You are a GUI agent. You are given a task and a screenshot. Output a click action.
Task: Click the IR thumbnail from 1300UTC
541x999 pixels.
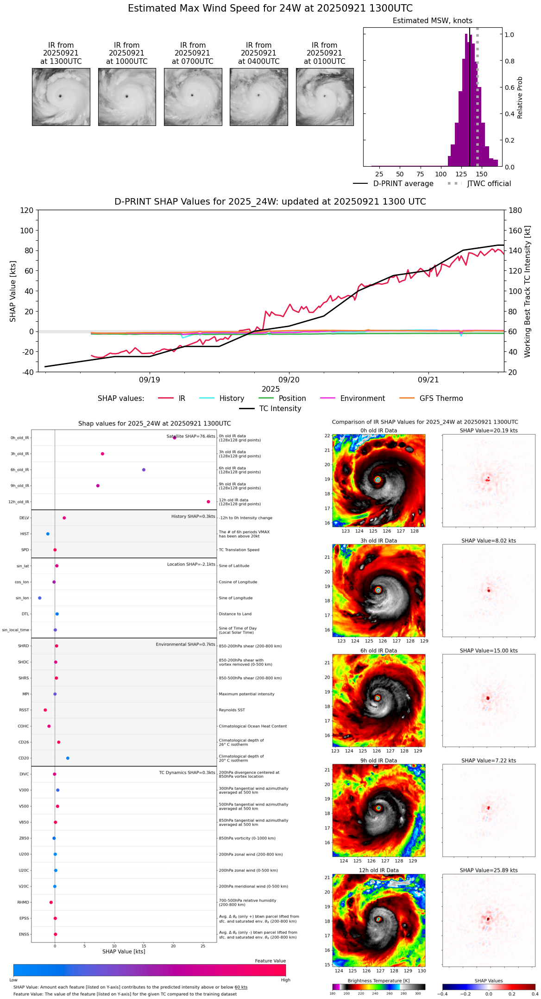coord(61,97)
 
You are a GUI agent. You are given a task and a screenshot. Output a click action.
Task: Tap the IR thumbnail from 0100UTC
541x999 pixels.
coord(325,97)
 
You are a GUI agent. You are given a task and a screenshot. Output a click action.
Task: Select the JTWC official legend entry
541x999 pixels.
coord(489,184)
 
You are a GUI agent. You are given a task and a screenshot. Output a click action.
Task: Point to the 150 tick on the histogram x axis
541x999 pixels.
coord(482,175)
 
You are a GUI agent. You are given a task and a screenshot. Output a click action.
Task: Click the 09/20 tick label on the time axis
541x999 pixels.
coord(289,380)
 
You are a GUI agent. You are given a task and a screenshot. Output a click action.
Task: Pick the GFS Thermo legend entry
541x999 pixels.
coord(441,399)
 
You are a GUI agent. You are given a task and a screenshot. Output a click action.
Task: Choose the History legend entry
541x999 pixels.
coord(232,399)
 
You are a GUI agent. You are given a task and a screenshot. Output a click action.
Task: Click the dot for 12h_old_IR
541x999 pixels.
coord(208,502)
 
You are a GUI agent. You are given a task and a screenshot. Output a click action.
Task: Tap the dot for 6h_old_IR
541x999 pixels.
coord(144,470)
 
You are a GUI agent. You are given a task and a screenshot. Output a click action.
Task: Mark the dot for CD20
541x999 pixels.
coord(68,758)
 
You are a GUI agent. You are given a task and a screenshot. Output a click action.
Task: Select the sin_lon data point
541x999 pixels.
coord(40,598)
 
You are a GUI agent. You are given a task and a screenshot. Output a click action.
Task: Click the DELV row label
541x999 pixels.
coord(24,518)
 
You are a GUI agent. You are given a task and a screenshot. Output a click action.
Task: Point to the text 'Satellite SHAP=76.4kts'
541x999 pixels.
coord(191,437)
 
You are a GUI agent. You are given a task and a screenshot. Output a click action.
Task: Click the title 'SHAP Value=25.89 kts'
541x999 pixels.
coord(489,870)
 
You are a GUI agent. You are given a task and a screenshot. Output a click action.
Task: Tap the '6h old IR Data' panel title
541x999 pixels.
coord(378,650)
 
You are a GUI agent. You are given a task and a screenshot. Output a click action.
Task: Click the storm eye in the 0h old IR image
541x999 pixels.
coord(378,480)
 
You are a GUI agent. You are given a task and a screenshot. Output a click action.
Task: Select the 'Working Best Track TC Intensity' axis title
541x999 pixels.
coord(528,292)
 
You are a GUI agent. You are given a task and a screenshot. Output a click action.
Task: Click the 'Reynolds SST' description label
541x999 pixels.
coord(232,710)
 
